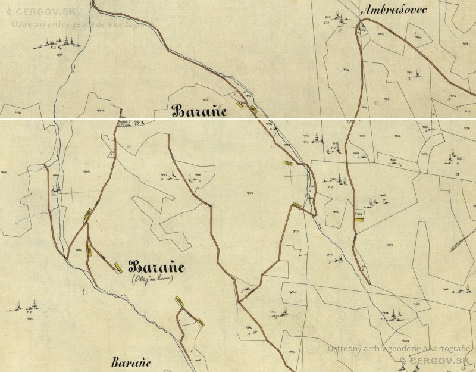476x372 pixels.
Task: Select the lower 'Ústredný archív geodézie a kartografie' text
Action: [399, 348]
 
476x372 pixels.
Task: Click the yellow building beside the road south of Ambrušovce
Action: [358, 218]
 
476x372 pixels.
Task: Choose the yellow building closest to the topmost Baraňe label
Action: [240, 104]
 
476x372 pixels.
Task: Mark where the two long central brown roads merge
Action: [239, 301]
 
